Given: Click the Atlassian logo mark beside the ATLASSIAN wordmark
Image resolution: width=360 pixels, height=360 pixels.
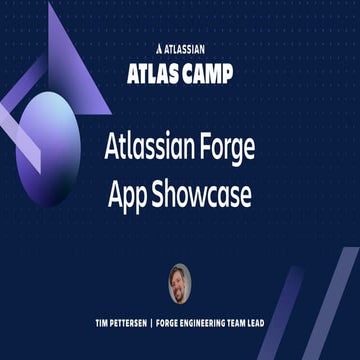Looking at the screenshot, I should [160, 46].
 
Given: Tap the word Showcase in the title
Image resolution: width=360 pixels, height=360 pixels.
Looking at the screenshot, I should [200, 190].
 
